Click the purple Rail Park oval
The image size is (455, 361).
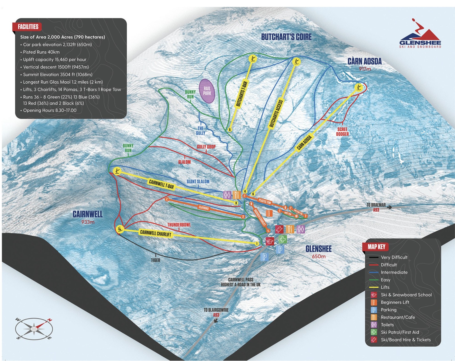coord(207,91)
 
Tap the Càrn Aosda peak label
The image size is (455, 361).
coord(364,62)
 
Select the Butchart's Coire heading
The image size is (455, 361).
coord(286,37)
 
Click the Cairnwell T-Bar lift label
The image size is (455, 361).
coord(161,184)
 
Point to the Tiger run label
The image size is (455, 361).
coord(155,260)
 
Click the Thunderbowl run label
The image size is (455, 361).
coord(179,225)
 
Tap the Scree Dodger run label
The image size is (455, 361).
coord(342,131)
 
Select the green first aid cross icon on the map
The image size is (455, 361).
coord(282,239)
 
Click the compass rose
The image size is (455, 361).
coord(34,329)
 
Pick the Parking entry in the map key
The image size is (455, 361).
coord(388,310)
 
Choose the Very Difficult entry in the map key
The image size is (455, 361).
coord(394,257)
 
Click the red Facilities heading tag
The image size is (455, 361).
coord(28,27)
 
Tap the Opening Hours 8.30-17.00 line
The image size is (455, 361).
coord(50,110)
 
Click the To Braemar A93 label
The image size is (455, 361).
coord(376,207)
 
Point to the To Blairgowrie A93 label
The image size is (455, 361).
coord(216,312)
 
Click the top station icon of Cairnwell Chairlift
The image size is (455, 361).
coord(119,229)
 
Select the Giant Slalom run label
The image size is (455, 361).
coord(198,182)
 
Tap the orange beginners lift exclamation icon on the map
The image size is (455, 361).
coord(269,213)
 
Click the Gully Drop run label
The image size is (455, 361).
coord(206,147)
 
